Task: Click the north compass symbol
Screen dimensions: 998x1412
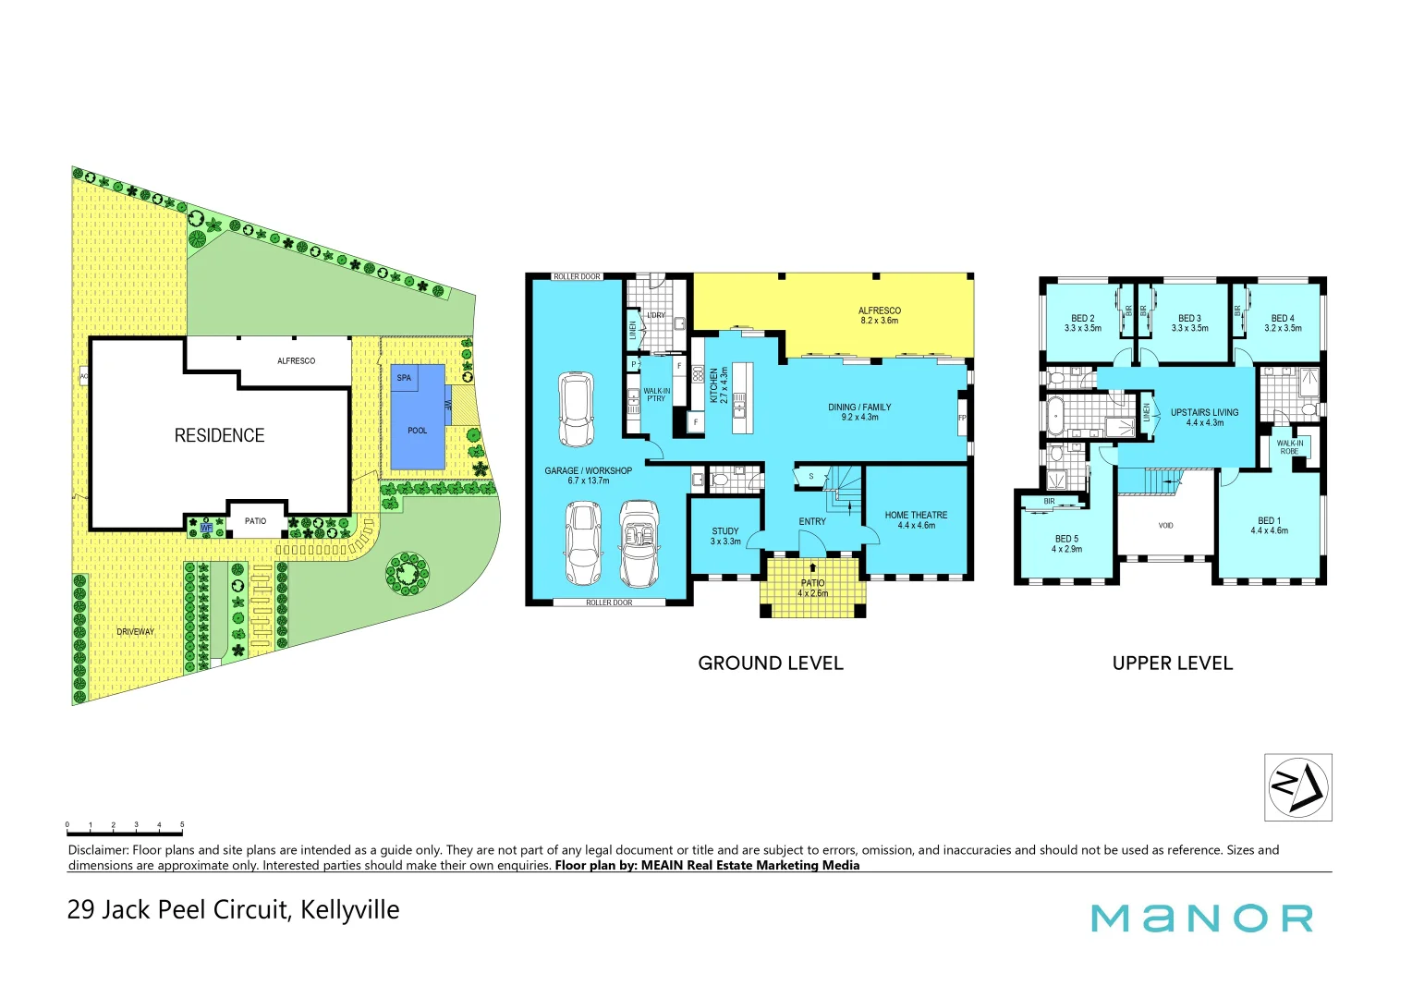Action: tap(1297, 787)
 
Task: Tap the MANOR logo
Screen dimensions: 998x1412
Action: tap(1201, 918)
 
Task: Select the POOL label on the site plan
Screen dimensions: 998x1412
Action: tap(418, 431)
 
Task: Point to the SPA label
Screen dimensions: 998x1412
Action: tap(404, 378)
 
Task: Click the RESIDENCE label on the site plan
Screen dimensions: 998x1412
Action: tap(219, 435)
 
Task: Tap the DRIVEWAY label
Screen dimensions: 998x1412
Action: tap(136, 632)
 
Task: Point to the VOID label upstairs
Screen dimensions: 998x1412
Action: tap(1165, 526)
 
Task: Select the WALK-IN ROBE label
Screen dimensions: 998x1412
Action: tap(1290, 447)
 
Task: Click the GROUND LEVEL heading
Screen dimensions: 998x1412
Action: tap(771, 663)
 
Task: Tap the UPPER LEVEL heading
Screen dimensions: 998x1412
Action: tap(1172, 663)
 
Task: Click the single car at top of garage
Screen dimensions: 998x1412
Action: tap(576, 409)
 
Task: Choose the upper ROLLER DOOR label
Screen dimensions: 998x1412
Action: tap(577, 276)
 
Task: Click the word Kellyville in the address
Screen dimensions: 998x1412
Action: tap(350, 910)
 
